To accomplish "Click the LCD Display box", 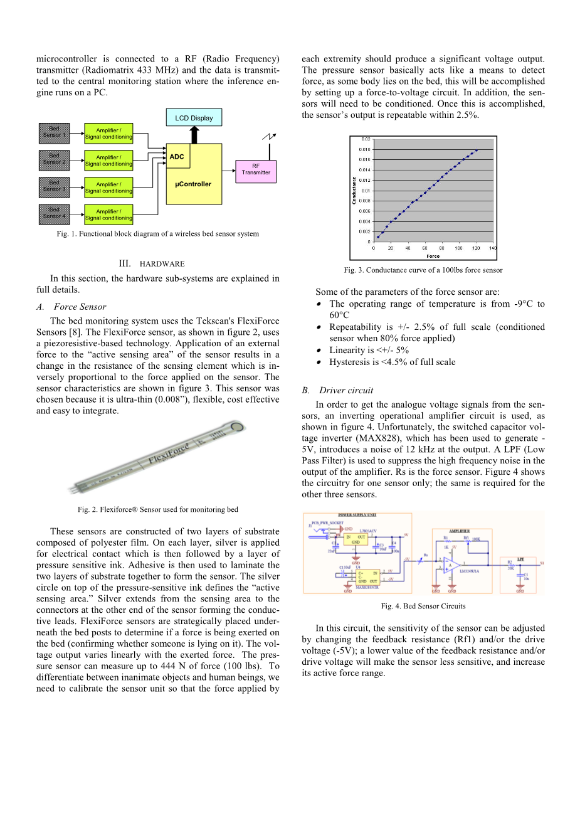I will pyautogui.click(x=194, y=117).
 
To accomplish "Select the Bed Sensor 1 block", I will pyautogui.click(x=54, y=132).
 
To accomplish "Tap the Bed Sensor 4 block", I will pyautogui.click(x=54, y=213).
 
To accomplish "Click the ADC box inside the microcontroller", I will pyautogui.click(x=177, y=156).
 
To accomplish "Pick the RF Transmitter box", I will pyautogui.click(x=256, y=170).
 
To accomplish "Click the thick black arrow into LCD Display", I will pyautogui.click(x=194, y=134).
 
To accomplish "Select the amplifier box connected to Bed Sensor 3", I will pyautogui.click(x=108, y=188).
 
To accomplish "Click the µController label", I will pyautogui.click(x=193, y=184).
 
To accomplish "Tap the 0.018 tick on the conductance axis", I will pyautogui.click(x=364, y=149).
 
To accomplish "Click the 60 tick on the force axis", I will pyautogui.click(x=425, y=248).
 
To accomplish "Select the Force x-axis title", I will pyautogui.click(x=433, y=256).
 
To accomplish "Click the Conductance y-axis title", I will pyautogui.click(x=355, y=190).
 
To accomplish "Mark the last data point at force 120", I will pyautogui.click(x=477, y=150).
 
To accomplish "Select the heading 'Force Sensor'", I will pyautogui.click(x=80, y=307).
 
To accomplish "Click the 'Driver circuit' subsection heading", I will pyautogui.click(x=346, y=390).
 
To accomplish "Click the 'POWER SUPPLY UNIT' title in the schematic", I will pyautogui.click(x=357, y=515).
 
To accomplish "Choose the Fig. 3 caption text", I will pyautogui.click(x=423, y=270).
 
